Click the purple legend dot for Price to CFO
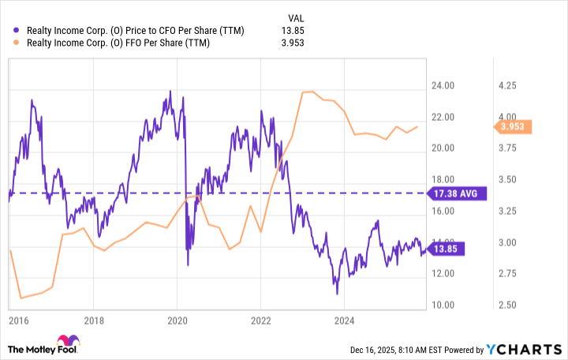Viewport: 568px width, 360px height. click(x=18, y=31)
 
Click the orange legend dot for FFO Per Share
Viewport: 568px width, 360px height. click(x=18, y=45)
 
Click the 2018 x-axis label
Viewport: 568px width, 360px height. click(x=93, y=321)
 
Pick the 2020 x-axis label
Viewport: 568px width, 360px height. click(x=177, y=321)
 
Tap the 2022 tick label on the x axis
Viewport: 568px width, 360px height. click(x=261, y=321)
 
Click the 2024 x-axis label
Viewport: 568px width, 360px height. click(x=345, y=321)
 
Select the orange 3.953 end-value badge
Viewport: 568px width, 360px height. click(x=512, y=126)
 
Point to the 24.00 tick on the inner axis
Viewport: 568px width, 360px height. click(x=442, y=85)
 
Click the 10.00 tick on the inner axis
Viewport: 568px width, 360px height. click(x=442, y=305)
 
